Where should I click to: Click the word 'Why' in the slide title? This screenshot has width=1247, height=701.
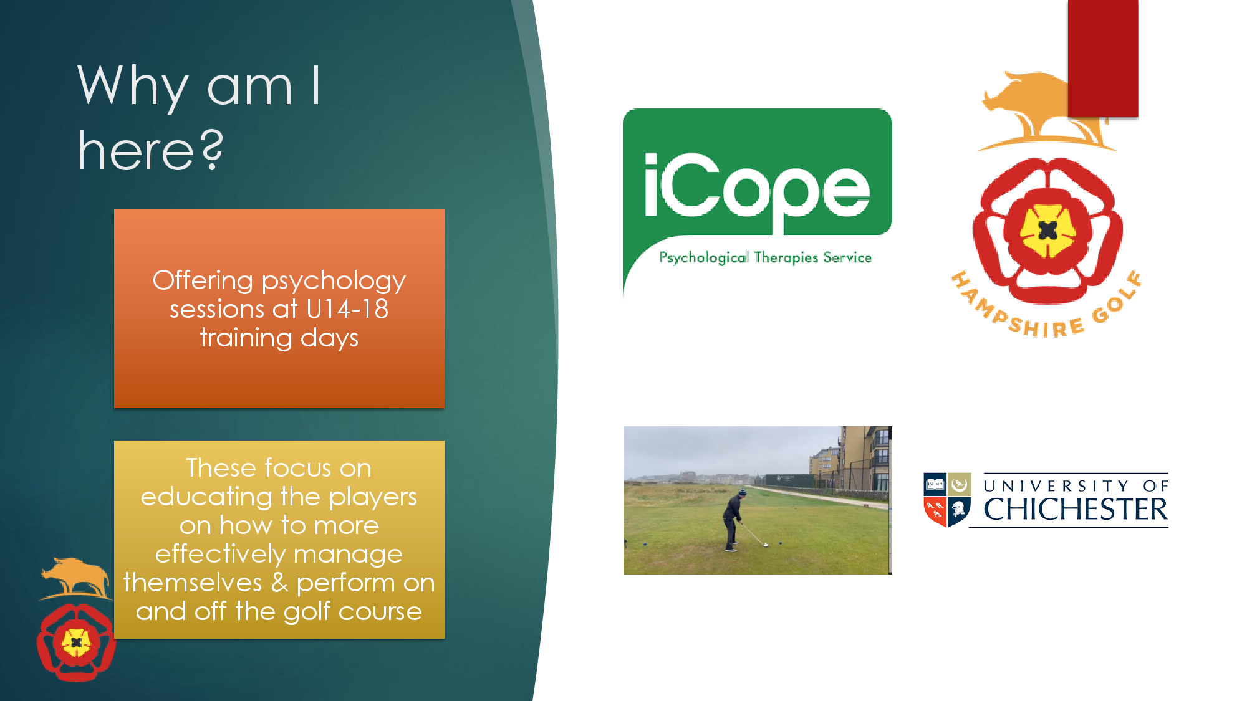click(133, 87)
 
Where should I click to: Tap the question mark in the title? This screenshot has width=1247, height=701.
click(213, 150)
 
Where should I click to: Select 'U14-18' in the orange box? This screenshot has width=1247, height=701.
click(347, 309)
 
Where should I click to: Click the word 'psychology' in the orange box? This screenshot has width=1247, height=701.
click(334, 282)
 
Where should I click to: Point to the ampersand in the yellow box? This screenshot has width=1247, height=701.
click(279, 583)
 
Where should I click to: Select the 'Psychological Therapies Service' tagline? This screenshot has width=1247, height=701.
click(765, 257)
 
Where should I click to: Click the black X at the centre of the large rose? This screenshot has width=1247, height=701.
click(1048, 231)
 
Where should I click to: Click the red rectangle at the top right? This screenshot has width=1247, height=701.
click(1103, 58)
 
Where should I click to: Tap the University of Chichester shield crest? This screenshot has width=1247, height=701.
click(947, 500)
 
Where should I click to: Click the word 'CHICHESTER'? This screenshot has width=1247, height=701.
click(1076, 510)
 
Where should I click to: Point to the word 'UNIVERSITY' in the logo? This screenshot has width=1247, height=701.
click(1056, 486)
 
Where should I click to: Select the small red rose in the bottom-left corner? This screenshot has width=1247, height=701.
click(76, 642)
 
